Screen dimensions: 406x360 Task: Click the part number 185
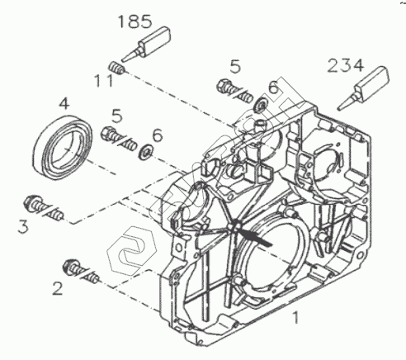135,21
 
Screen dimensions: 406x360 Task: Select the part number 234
346,66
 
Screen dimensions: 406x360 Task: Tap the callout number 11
104,81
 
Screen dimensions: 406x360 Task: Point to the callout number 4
64,104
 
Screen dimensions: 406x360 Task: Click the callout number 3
23,227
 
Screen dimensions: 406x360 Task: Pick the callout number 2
58,288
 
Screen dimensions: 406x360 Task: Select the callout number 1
295,317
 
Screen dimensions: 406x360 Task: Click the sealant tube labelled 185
147,44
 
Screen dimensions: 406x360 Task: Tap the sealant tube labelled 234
364,87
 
